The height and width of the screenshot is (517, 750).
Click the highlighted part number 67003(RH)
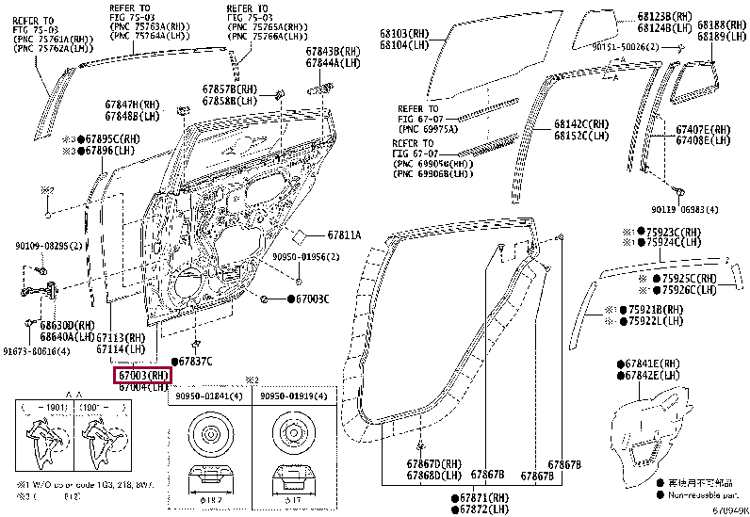coord(142,375)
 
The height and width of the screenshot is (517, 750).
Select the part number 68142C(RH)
coord(581,123)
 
